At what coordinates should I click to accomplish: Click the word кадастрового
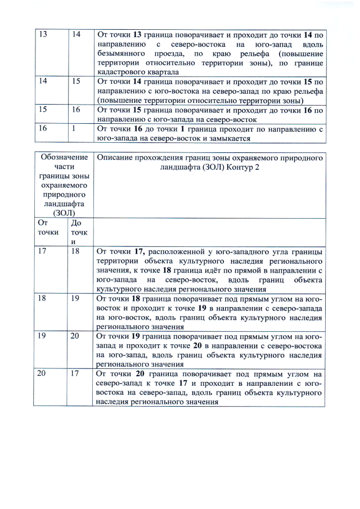[120, 73]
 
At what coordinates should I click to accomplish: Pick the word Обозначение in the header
[65, 157]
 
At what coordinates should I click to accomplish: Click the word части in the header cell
[65, 166]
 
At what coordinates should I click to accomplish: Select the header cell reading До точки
[79, 232]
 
